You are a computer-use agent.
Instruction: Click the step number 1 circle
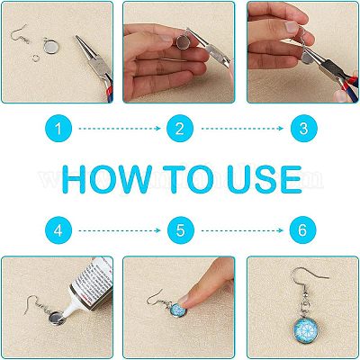58,129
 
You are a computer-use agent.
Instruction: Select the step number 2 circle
180,129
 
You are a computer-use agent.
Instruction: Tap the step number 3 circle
303,129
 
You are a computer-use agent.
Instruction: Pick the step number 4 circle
58,230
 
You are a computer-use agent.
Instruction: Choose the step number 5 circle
181,230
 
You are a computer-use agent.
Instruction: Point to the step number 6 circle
302,230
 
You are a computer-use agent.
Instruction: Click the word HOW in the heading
107,179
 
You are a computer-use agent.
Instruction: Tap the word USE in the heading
264,179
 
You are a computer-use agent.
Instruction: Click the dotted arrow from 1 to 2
120,129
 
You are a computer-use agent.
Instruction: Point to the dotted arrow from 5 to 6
242,230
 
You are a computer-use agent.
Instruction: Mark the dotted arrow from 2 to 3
242,129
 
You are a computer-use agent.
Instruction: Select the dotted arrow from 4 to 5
120,230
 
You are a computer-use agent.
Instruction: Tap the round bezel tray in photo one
51,47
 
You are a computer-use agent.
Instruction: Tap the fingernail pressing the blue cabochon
183,299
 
